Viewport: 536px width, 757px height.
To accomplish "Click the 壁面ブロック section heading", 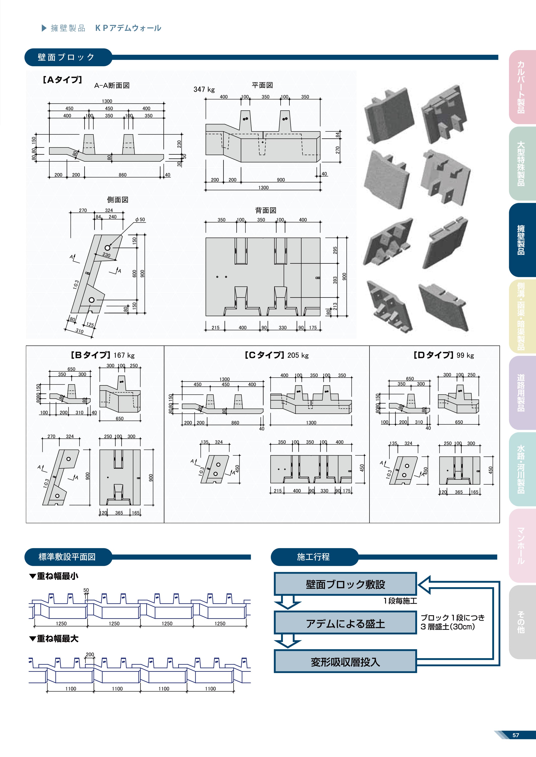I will click(66, 57).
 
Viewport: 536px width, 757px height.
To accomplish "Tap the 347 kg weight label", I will click(204, 89).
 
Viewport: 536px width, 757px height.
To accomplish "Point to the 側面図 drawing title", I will click(118, 200).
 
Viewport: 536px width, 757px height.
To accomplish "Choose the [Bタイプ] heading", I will click(90, 355).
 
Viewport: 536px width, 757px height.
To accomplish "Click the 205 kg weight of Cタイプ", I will click(298, 355).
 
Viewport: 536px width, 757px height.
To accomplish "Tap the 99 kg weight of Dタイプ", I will click(465, 355).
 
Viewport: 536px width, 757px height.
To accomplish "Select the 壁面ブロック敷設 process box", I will click(345, 584).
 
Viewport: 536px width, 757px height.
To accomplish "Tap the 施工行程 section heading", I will click(313, 557).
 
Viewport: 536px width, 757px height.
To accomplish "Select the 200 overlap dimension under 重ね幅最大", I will click(90, 654).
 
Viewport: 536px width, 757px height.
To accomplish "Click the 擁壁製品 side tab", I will click(521, 240).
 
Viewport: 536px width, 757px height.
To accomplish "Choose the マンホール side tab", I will click(521, 546).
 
